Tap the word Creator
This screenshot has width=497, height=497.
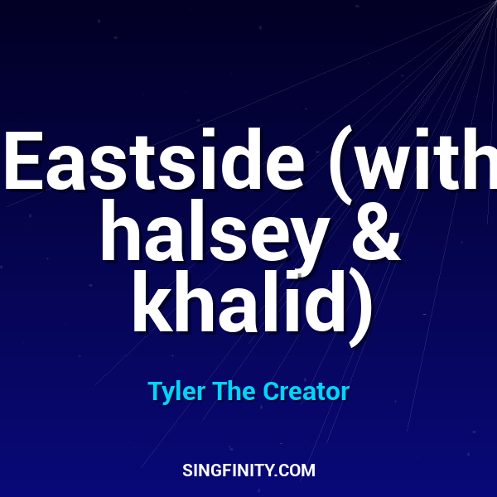click(x=306, y=391)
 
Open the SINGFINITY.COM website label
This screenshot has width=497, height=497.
click(x=248, y=470)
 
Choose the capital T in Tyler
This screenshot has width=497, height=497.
click(x=154, y=391)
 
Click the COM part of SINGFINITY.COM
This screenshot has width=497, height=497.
click(x=299, y=470)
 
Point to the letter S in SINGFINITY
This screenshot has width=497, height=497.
click(x=187, y=470)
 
